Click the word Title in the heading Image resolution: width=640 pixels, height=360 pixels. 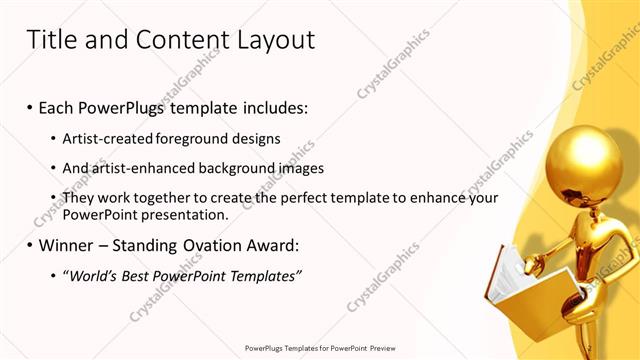click(x=53, y=40)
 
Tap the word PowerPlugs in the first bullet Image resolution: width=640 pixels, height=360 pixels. click(x=131, y=107)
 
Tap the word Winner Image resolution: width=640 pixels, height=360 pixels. click(x=69, y=245)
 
